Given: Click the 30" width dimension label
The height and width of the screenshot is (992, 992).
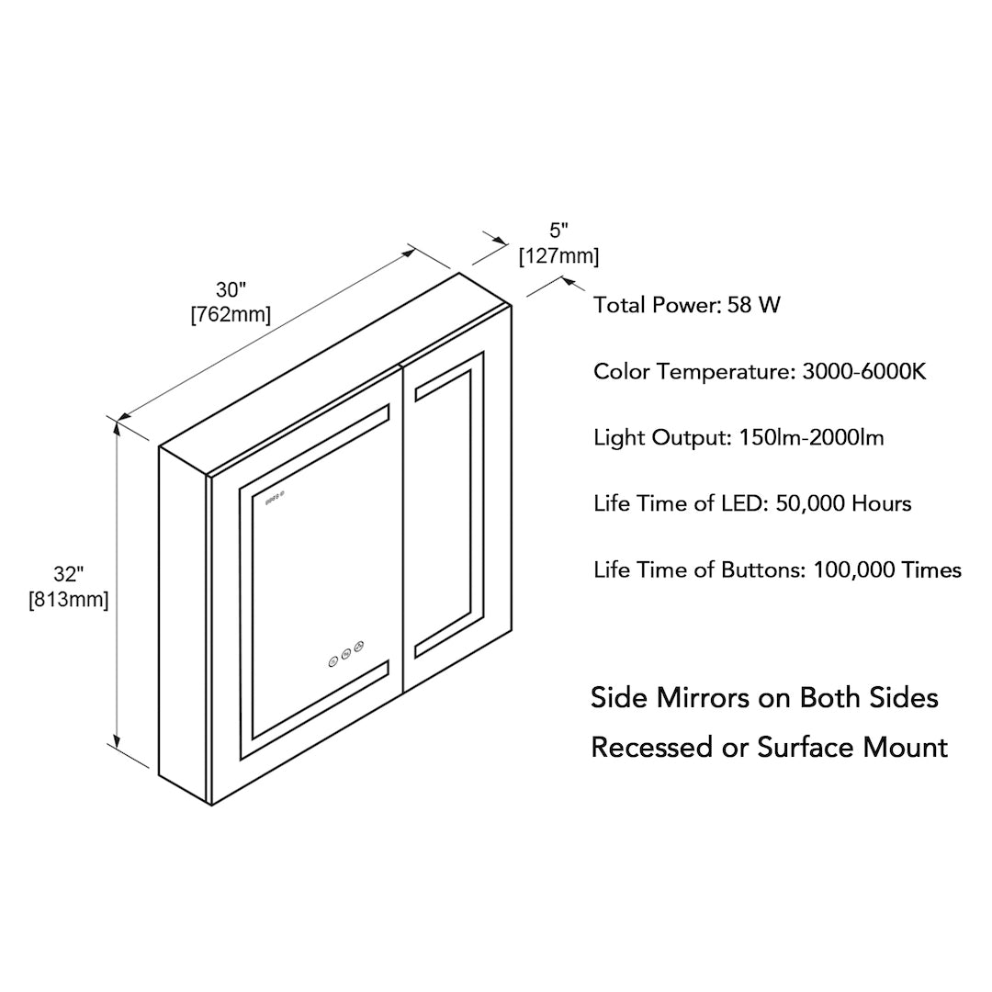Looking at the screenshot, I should (x=231, y=291).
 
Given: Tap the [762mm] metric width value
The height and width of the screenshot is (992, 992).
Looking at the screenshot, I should (x=231, y=315).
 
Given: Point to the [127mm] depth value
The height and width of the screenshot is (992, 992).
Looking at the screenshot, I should (x=558, y=256).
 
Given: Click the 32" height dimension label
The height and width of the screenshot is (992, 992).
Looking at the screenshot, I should (x=69, y=575).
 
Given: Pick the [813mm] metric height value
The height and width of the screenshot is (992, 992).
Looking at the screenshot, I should (x=69, y=601).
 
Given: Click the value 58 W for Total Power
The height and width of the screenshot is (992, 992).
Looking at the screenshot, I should (x=753, y=305).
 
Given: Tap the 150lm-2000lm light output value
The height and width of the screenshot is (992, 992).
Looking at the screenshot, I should (x=811, y=437).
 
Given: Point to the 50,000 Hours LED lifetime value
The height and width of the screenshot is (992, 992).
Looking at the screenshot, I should (x=843, y=503).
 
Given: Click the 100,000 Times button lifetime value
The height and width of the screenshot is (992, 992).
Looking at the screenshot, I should (x=887, y=569).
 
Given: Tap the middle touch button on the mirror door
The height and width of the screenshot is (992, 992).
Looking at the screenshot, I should (x=346, y=655).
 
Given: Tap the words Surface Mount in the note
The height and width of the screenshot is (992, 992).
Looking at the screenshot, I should (x=852, y=747).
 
